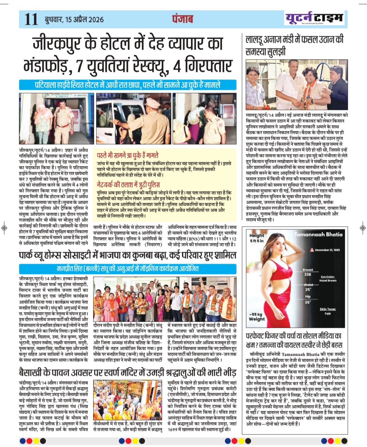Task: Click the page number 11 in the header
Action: point(31,19)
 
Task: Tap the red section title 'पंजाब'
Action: point(182,19)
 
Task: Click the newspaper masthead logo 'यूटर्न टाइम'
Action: point(314,18)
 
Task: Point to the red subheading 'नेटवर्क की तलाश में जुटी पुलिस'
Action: point(128,185)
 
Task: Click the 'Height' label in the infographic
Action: point(257,235)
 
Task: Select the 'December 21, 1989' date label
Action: point(327,250)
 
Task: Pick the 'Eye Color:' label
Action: point(328,277)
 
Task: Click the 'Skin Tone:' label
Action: point(328,309)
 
